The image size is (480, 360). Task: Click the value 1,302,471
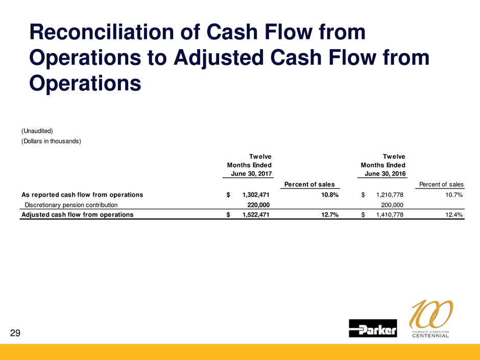pos(256,195)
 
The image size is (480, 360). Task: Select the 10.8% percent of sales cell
pos(330,195)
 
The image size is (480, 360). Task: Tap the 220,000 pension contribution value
pos(258,205)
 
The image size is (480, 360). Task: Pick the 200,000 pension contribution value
pos(392,205)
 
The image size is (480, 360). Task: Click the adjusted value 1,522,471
pos(256,214)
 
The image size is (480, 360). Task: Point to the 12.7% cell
pos(330,214)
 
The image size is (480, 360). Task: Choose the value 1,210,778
pos(390,195)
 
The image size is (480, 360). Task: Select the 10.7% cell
pos(454,195)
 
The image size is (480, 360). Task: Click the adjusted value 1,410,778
pos(390,214)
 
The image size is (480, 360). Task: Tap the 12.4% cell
pos(454,214)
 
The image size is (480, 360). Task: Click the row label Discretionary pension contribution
pos(71,205)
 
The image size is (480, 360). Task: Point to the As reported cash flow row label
pos(82,195)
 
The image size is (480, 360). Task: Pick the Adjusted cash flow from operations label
pos(78,214)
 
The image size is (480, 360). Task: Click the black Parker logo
pos(373,328)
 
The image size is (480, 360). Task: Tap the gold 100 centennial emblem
pos(430,318)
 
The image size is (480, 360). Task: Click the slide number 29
pos(15,333)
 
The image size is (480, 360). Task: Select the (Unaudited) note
pos(37,131)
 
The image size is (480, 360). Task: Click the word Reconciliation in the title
pos(102,32)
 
